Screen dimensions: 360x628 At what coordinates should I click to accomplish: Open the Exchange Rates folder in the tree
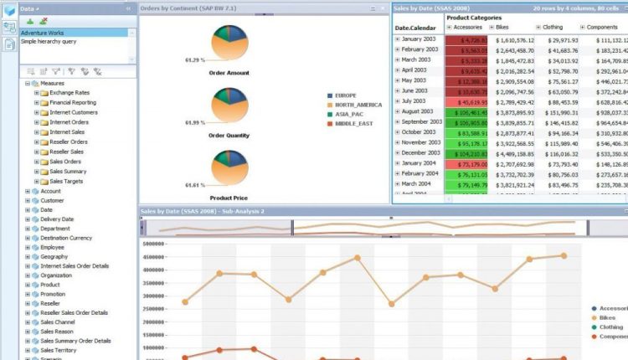pos(71,92)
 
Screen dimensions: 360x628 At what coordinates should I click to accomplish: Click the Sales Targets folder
pos(67,181)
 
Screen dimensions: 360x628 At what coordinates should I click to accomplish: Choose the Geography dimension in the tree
pos(55,259)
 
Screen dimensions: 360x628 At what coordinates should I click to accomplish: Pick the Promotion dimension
pos(54,294)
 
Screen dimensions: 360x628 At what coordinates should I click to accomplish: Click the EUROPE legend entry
pos(345,95)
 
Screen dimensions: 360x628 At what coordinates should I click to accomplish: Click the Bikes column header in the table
pos(509,27)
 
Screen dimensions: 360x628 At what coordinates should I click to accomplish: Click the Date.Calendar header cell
pos(416,27)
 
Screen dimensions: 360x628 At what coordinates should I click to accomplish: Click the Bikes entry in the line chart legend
pos(610,318)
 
